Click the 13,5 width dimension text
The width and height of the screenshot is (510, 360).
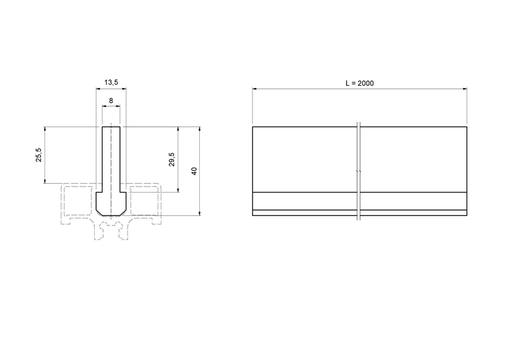click(111, 82)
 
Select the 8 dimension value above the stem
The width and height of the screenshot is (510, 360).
click(111, 100)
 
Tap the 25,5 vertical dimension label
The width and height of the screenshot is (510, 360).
click(39, 155)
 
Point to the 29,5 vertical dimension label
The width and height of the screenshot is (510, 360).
click(172, 159)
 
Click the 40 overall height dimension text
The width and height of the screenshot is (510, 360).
click(193, 171)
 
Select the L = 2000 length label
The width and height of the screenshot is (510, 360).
click(359, 83)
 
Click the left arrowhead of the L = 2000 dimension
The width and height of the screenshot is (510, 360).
click(254, 89)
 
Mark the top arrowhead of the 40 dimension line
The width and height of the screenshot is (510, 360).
click(199, 129)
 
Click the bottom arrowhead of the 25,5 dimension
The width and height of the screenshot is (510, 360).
click(46, 181)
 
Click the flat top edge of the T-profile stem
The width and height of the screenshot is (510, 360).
click(111, 127)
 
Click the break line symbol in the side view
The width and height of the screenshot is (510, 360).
click(358, 172)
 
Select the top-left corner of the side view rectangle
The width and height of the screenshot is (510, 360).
click(253, 127)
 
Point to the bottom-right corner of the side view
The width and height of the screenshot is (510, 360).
click(467, 215)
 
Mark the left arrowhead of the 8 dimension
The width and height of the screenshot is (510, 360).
click(104, 107)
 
